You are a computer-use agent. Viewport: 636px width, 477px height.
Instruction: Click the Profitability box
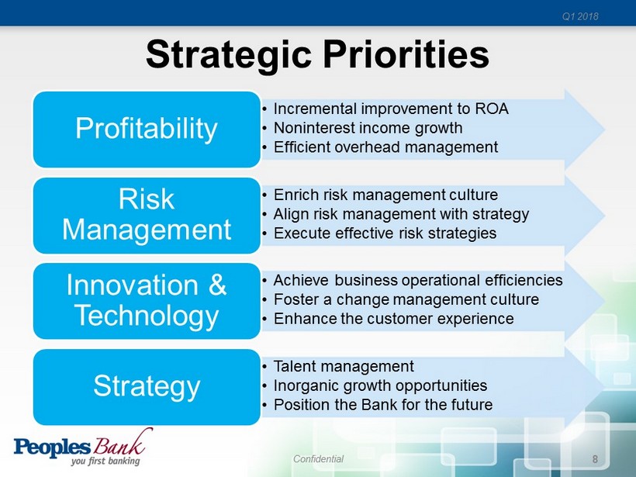pos(147,129)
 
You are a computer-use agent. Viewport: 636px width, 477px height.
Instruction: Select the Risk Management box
pos(147,215)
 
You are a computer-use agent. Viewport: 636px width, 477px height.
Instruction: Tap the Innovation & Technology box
pos(147,301)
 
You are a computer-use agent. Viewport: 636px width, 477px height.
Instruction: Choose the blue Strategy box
pos(147,386)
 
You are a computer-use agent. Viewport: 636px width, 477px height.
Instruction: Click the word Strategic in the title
pos(229,56)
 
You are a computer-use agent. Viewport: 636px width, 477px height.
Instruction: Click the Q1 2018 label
pos(580,16)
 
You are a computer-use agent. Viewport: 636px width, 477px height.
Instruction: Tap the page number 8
pos(595,459)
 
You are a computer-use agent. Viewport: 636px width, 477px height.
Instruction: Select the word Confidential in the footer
pos(319,458)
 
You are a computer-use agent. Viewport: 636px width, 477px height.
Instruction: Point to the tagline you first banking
pos(105,461)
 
